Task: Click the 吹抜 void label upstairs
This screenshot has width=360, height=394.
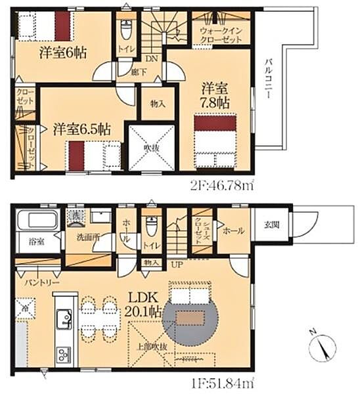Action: [x=152, y=148]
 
